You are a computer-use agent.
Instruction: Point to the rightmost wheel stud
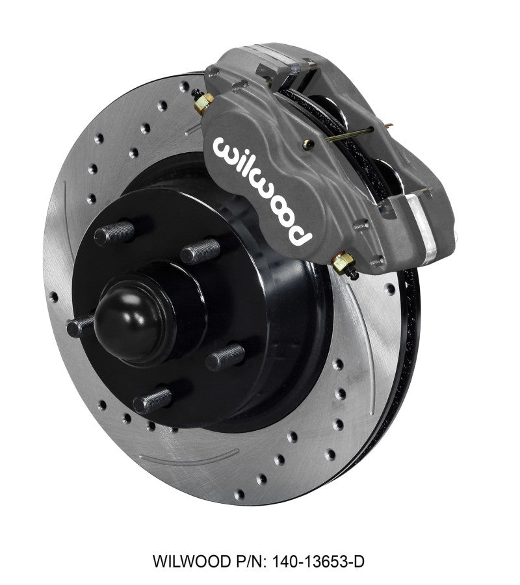226,357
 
